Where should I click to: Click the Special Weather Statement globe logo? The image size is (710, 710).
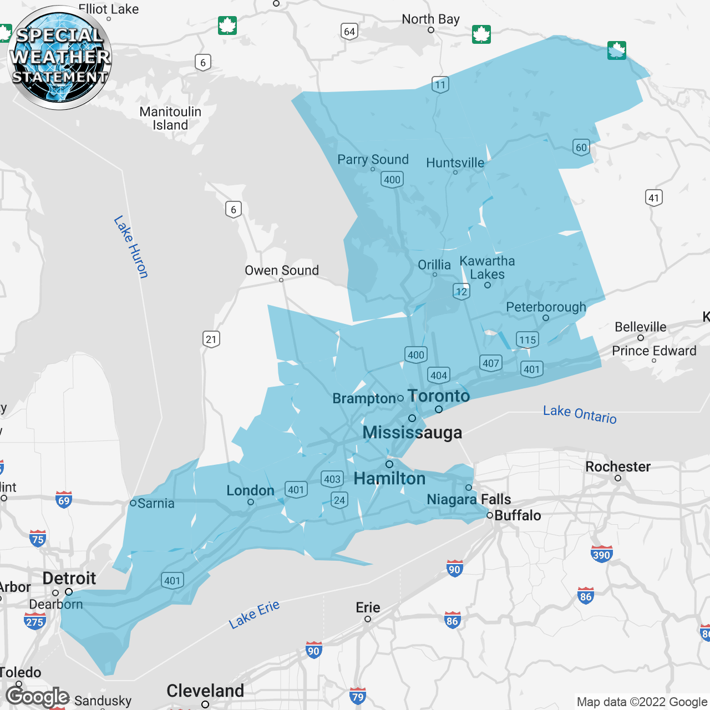tap(60, 58)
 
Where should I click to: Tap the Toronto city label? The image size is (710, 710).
tap(438, 396)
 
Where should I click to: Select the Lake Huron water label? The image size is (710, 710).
tap(131, 247)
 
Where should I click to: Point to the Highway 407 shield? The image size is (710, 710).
tap(490, 363)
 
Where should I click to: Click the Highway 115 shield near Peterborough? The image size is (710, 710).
tap(527, 339)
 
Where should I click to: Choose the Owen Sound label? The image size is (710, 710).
tap(282, 270)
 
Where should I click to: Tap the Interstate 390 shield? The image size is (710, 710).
tap(601, 554)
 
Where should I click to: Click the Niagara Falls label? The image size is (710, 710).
tap(469, 499)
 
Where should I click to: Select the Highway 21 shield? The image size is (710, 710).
tap(211, 339)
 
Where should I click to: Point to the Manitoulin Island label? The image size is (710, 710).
tap(170, 118)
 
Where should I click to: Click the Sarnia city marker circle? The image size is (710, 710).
tap(133, 503)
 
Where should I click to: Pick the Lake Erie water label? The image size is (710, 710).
tap(254, 614)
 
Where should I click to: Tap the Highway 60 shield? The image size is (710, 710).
tap(581, 148)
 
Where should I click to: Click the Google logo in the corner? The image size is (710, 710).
tap(38, 697)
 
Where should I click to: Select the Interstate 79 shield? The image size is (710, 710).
tap(358, 697)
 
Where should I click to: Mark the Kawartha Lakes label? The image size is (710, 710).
tap(487, 267)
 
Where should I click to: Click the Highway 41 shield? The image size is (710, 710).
tap(654, 198)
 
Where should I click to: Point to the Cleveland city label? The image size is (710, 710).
tap(205, 691)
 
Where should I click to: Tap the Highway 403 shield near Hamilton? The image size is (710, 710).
tap(332, 479)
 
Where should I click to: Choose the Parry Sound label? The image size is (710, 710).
tap(373, 160)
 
